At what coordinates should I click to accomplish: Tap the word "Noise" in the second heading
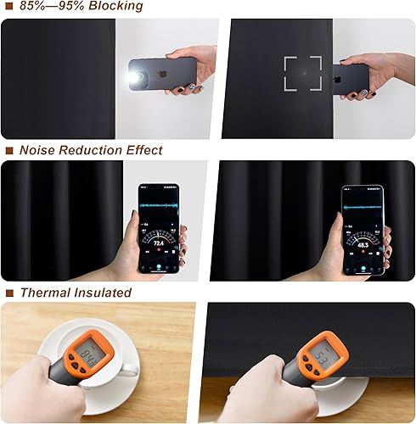(x=37, y=150)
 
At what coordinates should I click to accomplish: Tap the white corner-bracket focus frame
(x=302, y=75)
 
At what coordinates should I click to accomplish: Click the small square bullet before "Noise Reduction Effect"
(x=8, y=151)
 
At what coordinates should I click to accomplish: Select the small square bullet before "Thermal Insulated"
(x=8, y=293)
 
